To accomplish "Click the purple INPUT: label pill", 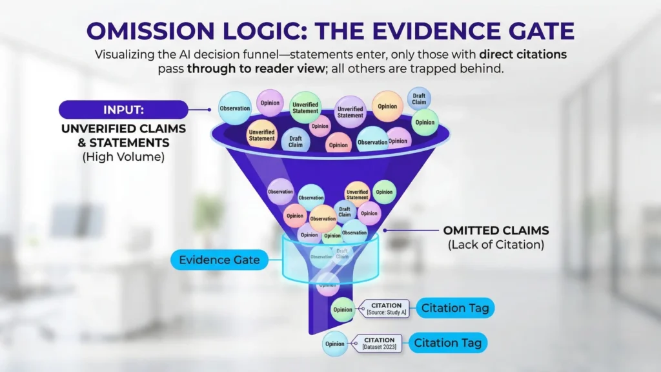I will (123, 108).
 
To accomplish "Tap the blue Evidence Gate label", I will (219, 260).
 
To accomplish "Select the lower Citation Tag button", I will (447, 343).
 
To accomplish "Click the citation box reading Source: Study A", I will (387, 309).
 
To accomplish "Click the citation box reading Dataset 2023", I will (379, 343).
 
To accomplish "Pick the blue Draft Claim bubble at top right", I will (419, 99).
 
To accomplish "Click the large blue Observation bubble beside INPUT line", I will (234, 108).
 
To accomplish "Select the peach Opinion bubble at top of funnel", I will (387, 107).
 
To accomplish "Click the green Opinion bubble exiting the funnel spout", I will (342, 309).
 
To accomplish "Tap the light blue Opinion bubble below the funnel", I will (335, 344).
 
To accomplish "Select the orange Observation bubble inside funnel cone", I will (323, 218).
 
